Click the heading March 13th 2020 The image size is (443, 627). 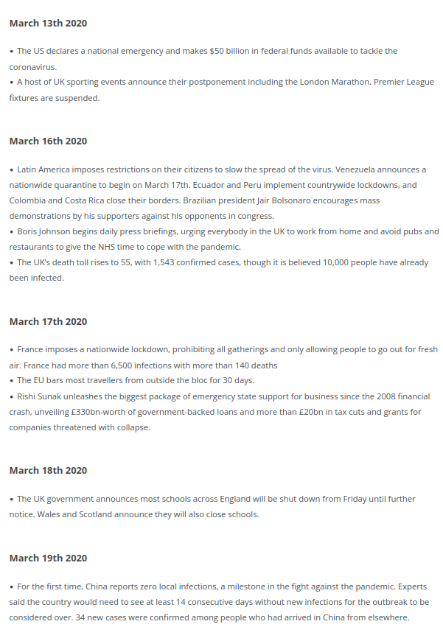(48, 24)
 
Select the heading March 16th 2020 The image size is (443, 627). (48, 141)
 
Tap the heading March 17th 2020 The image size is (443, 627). (48, 322)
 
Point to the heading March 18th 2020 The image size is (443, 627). (48, 471)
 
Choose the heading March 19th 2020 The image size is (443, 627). (48, 558)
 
